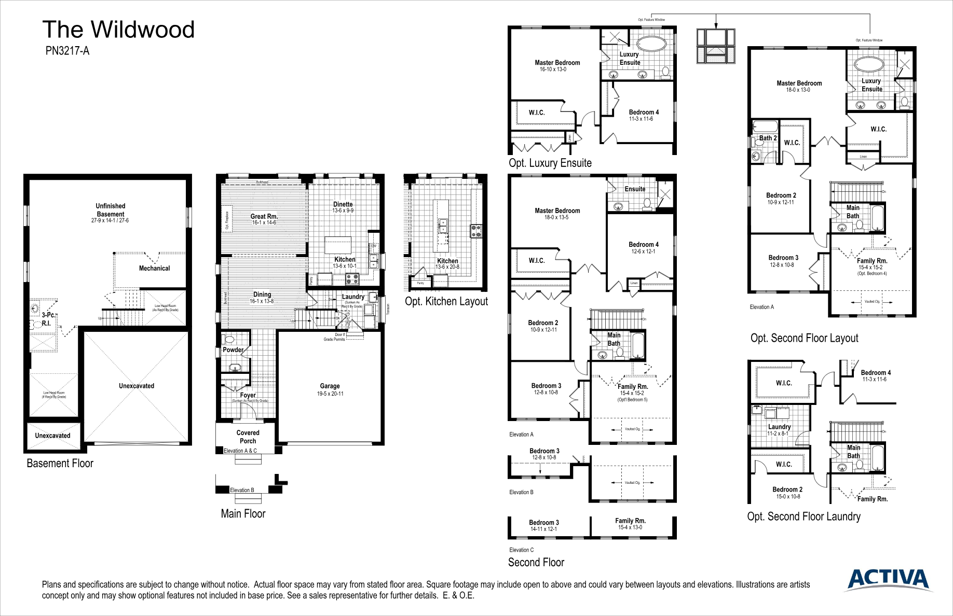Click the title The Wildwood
point(118,30)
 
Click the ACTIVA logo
point(889,579)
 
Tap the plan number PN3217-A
point(67,51)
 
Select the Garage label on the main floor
point(330,386)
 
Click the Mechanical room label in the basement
point(154,268)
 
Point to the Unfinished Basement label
point(110,210)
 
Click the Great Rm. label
point(264,217)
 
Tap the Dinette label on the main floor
point(343,204)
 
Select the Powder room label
point(233,349)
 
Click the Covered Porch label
point(248,437)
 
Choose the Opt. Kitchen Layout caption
point(446,301)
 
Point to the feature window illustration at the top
point(716,47)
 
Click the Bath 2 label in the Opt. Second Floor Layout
point(768,138)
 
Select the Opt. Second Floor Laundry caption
point(804,516)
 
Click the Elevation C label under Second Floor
point(521,550)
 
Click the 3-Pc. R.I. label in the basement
point(47,319)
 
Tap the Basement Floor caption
point(60,464)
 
